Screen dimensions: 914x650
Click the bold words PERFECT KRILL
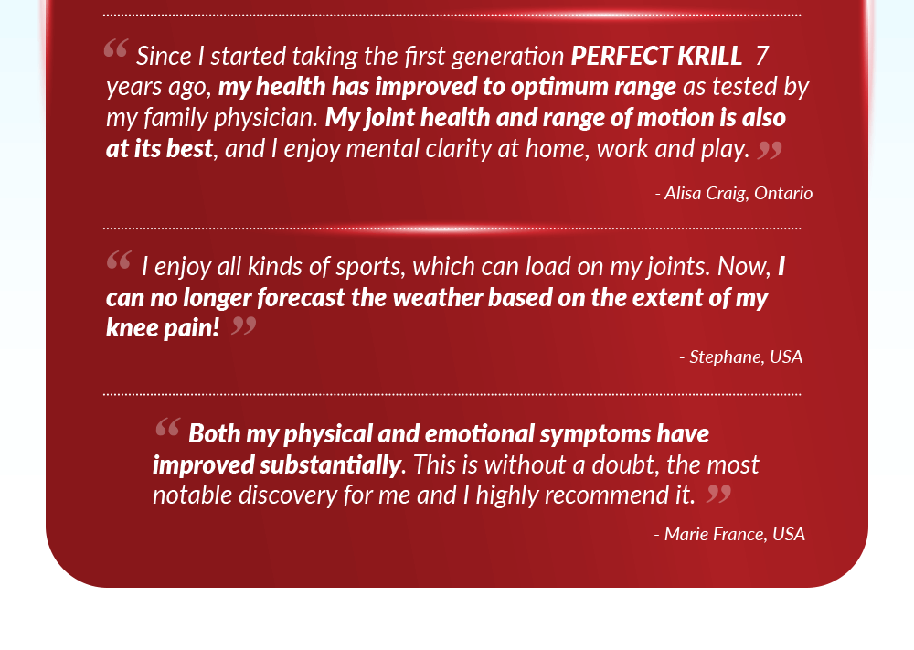click(x=656, y=56)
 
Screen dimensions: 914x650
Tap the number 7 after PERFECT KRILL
click(x=762, y=56)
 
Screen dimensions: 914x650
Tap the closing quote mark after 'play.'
click(x=770, y=150)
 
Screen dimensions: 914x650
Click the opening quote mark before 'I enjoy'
click(x=119, y=260)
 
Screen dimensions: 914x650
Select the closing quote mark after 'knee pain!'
click(x=244, y=325)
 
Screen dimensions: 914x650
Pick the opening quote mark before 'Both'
click(x=168, y=427)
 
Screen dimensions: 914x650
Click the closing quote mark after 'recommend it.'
click(x=718, y=494)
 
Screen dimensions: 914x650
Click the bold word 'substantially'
click(x=331, y=465)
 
